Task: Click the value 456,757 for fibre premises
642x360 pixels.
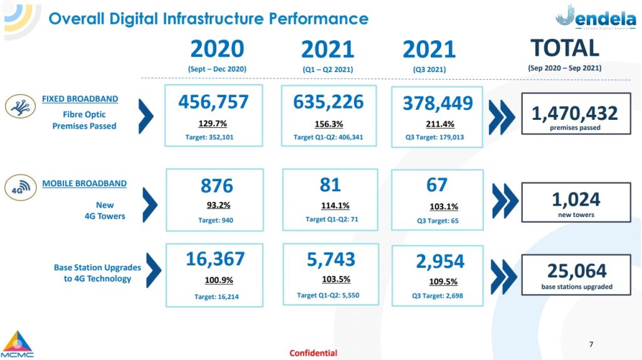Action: [x=213, y=102]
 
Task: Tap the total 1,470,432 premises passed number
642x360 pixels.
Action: [x=575, y=114]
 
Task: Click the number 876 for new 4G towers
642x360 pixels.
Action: [x=216, y=186]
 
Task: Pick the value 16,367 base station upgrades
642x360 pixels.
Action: [x=216, y=260]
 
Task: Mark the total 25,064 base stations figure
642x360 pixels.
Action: [x=577, y=271]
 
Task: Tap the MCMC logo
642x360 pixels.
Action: [x=18, y=344]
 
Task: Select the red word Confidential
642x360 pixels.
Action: [x=313, y=353]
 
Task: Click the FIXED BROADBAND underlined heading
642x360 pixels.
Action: [x=80, y=99]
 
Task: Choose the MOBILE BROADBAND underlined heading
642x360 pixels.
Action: [x=84, y=184]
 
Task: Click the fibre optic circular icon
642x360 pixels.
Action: [x=20, y=107]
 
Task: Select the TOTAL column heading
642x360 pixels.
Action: [x=564, y=48]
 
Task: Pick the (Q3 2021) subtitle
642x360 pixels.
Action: [x=428, y=70]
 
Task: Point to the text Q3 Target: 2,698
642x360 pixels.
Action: [x=437, y=295]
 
